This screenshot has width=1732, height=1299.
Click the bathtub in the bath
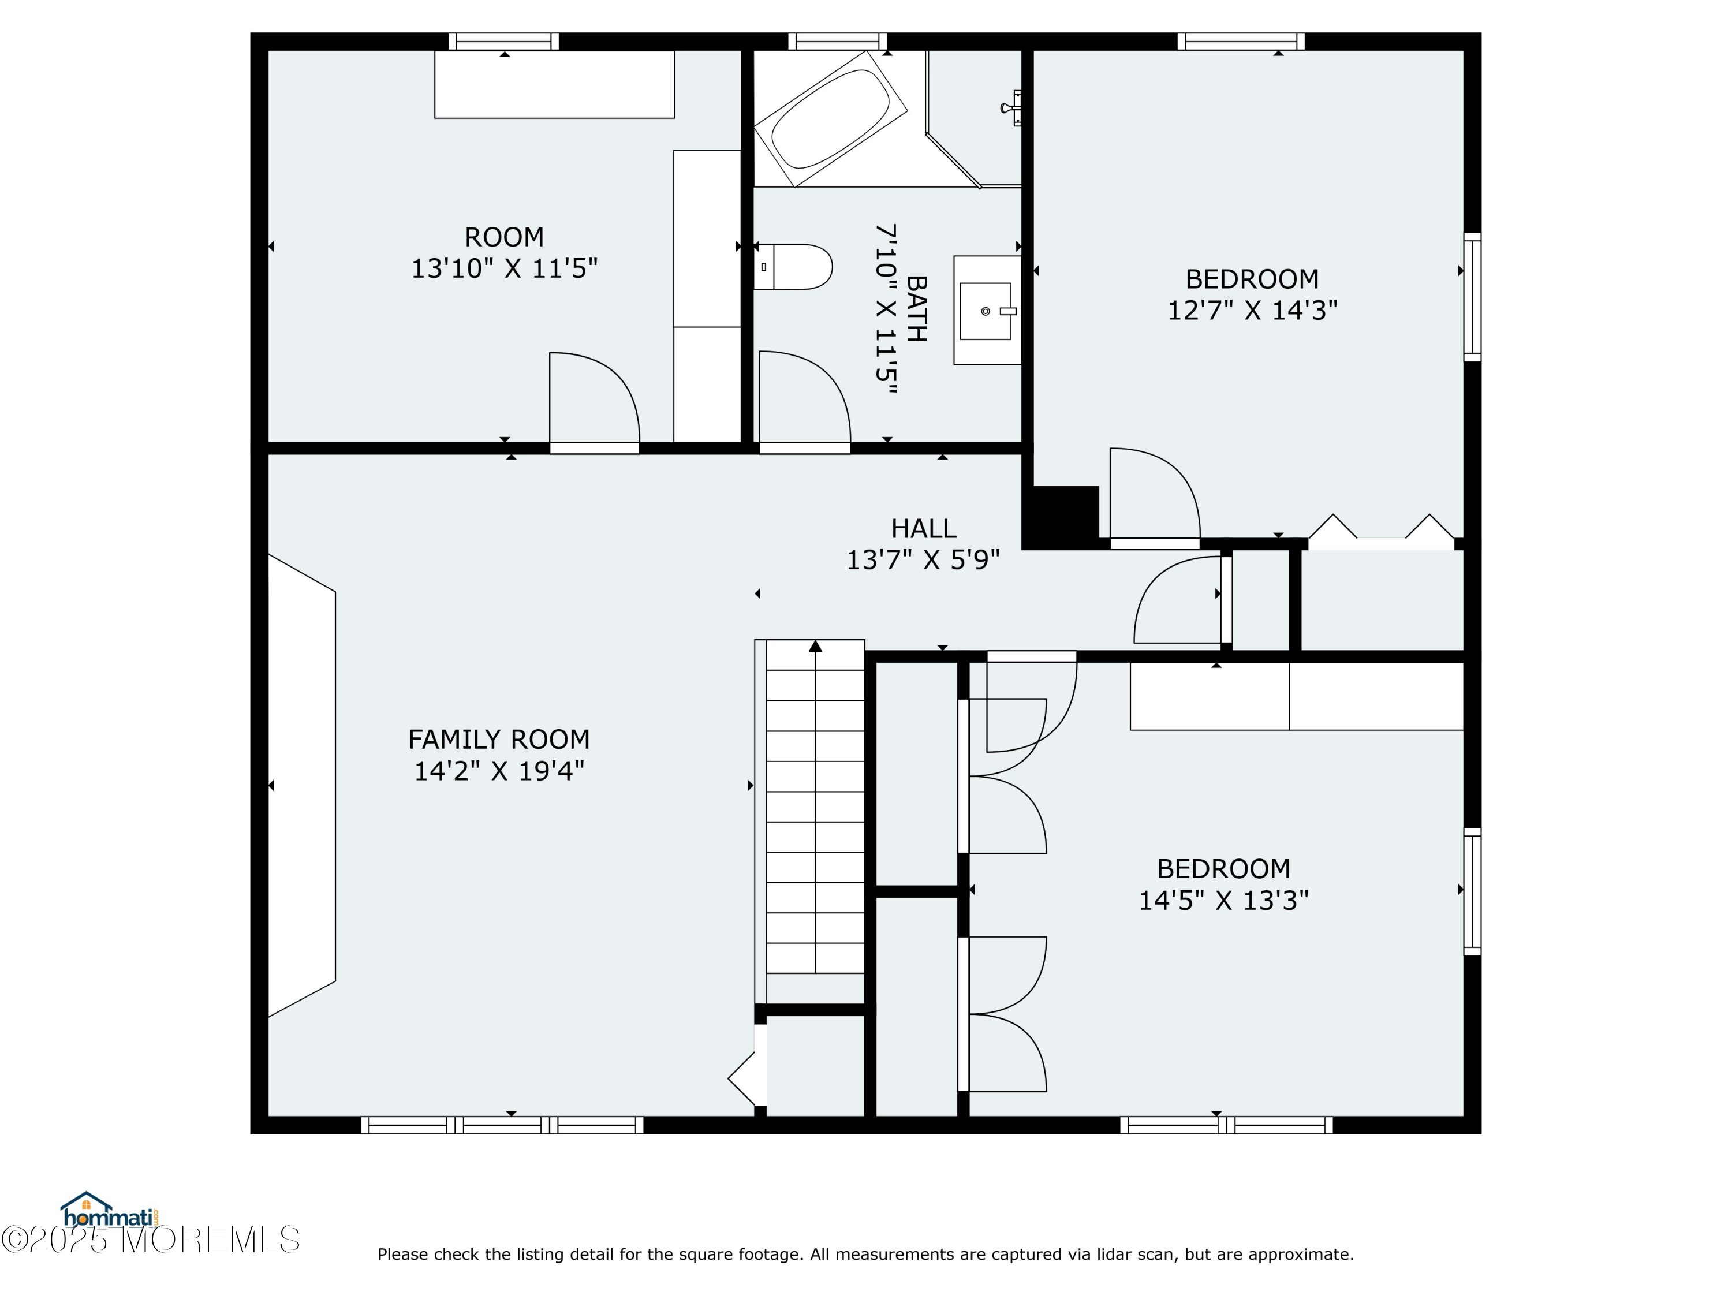pos(830,119)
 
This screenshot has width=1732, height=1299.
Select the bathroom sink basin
pos(987,311)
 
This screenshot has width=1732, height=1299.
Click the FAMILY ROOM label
pos(499,739)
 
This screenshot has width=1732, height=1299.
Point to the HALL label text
pos(924,528)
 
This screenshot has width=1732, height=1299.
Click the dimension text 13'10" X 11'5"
pos(504,268)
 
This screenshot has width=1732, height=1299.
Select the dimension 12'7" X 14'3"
pos(1252,310)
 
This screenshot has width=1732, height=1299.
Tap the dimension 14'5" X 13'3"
pos(1223,901)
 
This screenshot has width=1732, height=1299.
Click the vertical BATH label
pos(916,308)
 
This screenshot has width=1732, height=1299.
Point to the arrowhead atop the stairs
pos(815,646)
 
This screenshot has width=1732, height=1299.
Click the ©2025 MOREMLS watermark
pos(150,1240)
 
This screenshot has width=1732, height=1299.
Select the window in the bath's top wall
pos(837,42)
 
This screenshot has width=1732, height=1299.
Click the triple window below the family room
pos(502,1125)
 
